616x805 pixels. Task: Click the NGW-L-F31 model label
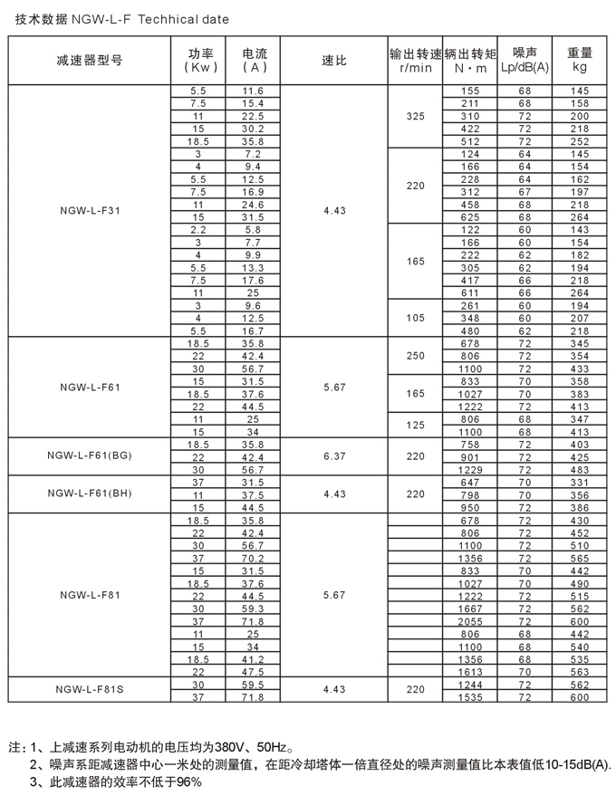click(x=89, y=210)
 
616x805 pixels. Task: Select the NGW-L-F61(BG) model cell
click(x=89, y=456)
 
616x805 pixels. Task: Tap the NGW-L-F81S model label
click(x=89, y=689)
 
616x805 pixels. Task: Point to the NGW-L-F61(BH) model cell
click(x=89, y=494)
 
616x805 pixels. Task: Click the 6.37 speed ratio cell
click(x=334, y=456)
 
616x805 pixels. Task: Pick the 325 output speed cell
click(x=415, y=117)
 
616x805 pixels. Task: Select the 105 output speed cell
click(x=415, y=318)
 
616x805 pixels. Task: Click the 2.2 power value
click(x=198, y=230)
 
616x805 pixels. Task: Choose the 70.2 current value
click(x=253, y=559)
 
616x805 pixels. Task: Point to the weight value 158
click(x=580, y=104)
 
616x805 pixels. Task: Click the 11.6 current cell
click(x=253, y=91)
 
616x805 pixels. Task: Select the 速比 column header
click(x=334, y=61)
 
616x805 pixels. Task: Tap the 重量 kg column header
click(x=580, y=61)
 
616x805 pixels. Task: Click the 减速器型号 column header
click(x=89, y=61)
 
